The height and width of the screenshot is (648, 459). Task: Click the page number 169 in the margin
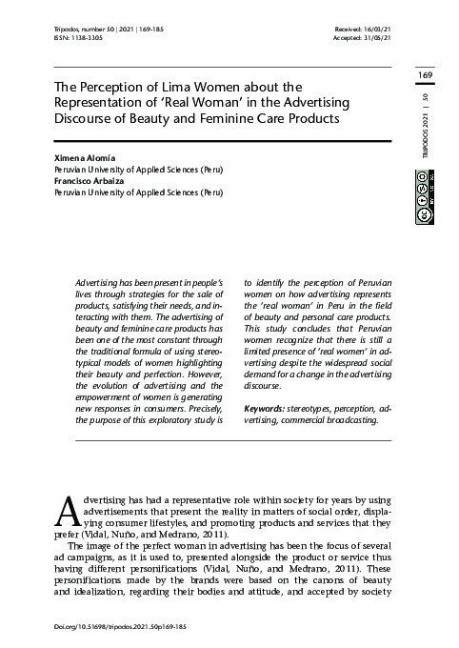(x=425, y=74)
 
